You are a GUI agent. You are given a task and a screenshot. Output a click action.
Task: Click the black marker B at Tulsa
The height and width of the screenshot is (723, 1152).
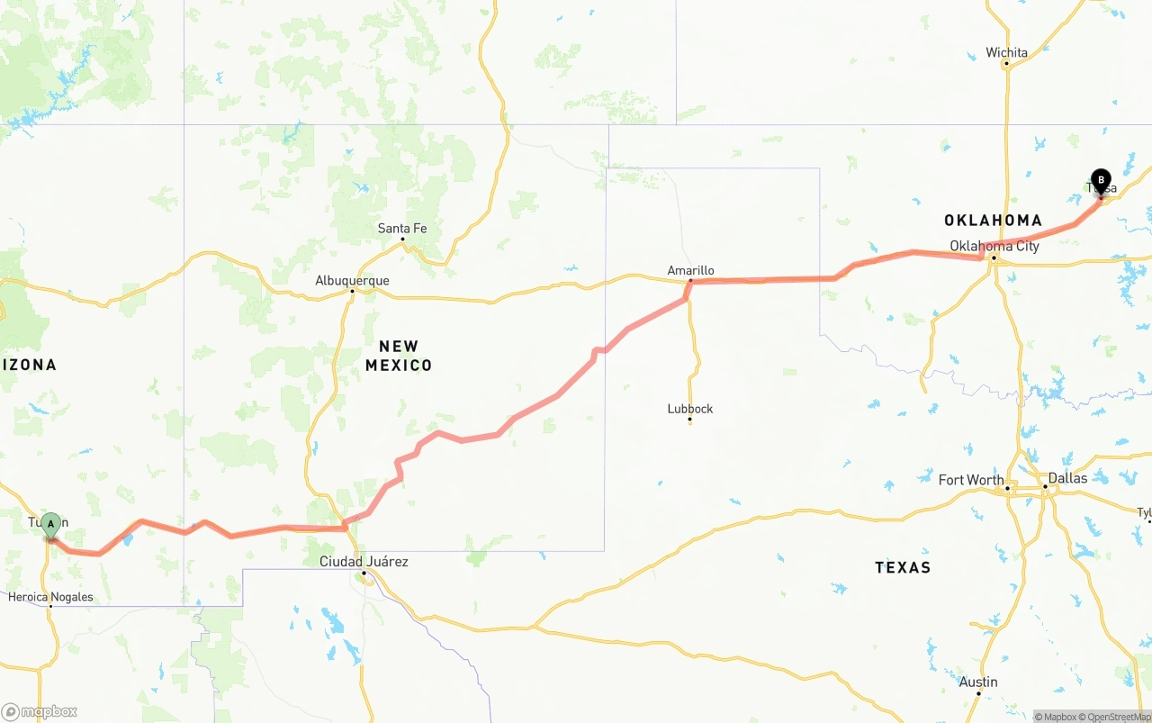pyautogui.click(x=1101, y=180)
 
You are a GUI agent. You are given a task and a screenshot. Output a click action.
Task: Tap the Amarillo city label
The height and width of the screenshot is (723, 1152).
pyautogui.click(x=690, y=270)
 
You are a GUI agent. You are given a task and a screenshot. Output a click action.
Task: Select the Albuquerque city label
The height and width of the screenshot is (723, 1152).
pyautogui.click(x=352, y=280)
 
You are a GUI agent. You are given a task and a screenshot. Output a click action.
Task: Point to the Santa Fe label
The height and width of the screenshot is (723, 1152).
pyautogui.click(x=402, y=228)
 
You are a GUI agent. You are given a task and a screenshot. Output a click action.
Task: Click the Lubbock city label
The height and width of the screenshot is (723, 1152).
pyautogui.click(x=690, y=408)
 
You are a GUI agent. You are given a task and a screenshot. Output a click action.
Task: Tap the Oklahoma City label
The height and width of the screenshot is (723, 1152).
pyautogui.click(x=994, y=246)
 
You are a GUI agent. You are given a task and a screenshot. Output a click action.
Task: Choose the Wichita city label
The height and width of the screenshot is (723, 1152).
pyautogui.click(x=1006, y=52)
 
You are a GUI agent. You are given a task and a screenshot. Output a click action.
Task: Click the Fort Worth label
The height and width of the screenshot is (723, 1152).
pyautogui.click(x=971, y=480)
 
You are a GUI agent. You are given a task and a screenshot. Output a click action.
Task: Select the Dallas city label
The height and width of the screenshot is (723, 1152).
pyautogui.click(x=1067, y=477)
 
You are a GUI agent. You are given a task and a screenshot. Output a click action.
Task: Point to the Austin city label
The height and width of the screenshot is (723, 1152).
pyautogui.click(x=978, y=682)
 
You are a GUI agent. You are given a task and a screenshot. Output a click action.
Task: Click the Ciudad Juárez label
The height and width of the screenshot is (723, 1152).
pyautogui.click(x=364, y=561)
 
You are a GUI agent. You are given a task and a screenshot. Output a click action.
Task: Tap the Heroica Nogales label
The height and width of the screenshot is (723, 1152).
pyautogui.click(x=50, y=596)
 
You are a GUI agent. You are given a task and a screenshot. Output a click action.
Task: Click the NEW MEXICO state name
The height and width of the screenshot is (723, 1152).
pyautogui.click(x=399, y=356)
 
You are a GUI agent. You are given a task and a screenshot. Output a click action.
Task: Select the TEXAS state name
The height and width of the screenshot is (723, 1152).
pyautogui.click(x=903, y=567)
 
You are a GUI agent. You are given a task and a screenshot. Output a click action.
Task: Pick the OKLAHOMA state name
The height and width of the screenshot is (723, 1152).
pyautogui.click(x=993, y=221)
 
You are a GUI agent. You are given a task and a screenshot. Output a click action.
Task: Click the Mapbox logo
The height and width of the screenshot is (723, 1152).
pyautogui.click(x=40, y=711)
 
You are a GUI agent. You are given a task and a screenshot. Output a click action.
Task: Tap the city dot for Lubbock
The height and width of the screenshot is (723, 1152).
pyautogui.click(x=690, y=420)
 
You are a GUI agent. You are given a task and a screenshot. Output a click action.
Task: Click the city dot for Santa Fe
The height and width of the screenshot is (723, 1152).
pyautogui.click(x=402, y=239)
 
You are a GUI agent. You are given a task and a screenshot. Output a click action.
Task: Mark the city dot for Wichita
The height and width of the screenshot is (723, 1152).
pyautogui.click(x=1006, y=63)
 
